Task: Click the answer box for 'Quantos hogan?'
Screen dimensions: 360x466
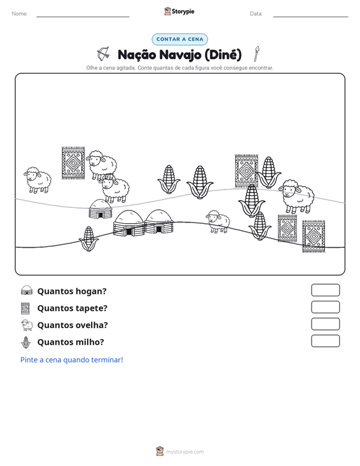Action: [x=325, y=290]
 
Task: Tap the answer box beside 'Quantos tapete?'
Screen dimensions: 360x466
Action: [x=325, y=307]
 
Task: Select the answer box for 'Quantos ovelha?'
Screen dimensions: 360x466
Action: [x=325, y=324]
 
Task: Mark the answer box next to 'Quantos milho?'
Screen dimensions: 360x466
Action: [x=325, y=341]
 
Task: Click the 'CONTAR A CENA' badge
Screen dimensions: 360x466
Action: [x=180, y=39]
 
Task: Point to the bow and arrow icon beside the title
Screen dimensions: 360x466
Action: [x=104, y=54]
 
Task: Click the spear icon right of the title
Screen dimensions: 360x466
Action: [x=256, y=53]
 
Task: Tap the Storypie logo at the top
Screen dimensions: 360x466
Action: [x=179, y=11]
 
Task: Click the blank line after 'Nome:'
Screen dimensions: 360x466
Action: [x=83, y=17]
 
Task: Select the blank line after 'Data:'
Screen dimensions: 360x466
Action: [x=310, y=17]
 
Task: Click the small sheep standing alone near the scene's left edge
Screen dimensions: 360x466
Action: [x=38, y=180]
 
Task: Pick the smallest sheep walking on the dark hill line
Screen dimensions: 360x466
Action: [x=218, y=222]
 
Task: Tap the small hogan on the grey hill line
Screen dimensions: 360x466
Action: [x=100, y=209]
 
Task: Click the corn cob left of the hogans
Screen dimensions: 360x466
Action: [x=88, y=239]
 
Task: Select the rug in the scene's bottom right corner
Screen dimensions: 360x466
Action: [x=314, y=236]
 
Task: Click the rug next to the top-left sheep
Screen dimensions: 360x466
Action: [x=73, y=163]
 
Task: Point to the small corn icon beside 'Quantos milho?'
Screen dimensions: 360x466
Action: [x=26, y=343]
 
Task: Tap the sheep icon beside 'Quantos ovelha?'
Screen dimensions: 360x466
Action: [x=27, y=325]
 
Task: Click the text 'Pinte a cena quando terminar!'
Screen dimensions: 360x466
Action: [x=72, y=360]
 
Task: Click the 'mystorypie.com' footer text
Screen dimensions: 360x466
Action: [x=185, y=452]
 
